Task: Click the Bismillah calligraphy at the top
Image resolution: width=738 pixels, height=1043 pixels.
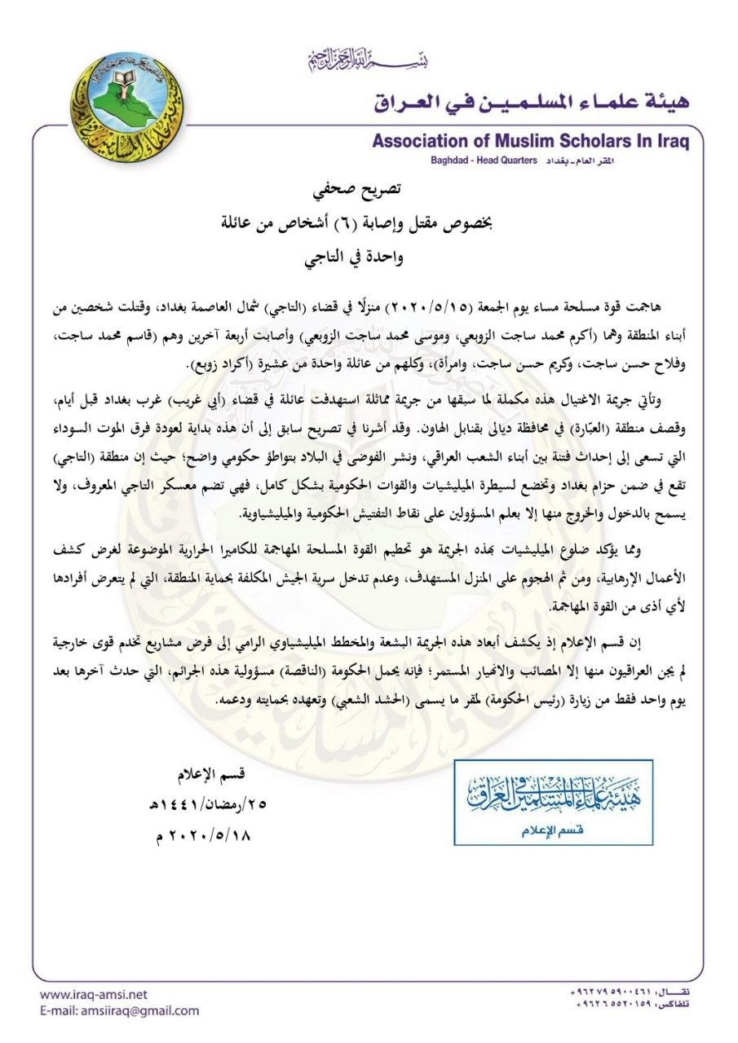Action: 368,59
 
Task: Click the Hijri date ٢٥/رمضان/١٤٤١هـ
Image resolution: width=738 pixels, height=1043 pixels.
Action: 208,803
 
